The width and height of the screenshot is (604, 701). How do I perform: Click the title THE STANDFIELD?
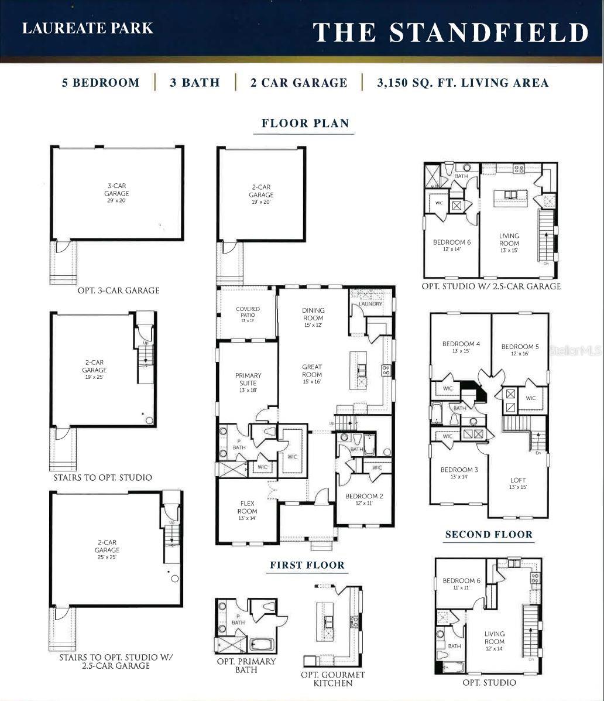click(x=449, y=32)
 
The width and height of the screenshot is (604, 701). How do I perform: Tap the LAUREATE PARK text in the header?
click(x=88, y=28)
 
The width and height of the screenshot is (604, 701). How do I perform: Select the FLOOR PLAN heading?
click(x=305, y=124)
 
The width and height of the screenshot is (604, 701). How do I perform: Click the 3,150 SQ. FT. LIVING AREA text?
click(x=462, y=83)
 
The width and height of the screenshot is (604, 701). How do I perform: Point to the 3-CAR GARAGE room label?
click(x=117, y=190)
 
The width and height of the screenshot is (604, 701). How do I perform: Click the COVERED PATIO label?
click(x=248, y=312)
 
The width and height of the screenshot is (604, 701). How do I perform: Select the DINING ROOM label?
click(x=313, y=314)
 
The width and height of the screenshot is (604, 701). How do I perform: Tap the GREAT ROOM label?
click(x=312, y=371)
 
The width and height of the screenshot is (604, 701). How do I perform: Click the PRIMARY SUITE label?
click(x=248, y=379)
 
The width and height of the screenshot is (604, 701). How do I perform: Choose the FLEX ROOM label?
click(x=247, y=507)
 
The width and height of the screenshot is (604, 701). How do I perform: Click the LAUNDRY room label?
click(x=370, y=304)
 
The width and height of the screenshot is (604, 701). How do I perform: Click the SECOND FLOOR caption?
click(x=489, y=534)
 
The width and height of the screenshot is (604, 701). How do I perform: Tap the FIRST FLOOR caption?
click(x=307, y=565)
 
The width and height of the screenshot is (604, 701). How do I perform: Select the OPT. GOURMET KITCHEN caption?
click(x=332, y=679)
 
